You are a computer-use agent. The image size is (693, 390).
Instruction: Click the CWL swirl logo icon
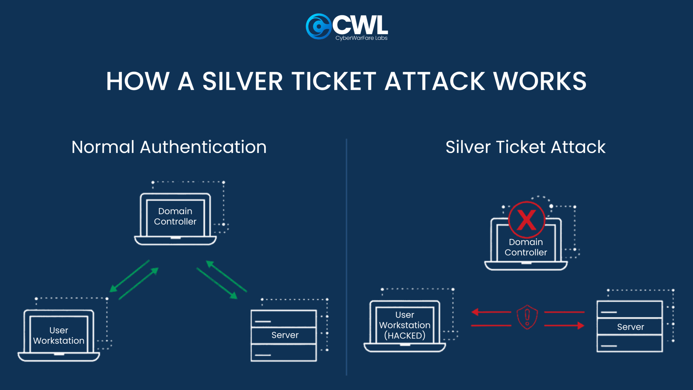click(x=318, y=26)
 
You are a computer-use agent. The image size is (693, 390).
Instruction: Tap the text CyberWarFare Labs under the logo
click(x=361, y=38)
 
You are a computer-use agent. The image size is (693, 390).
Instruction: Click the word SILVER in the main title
click(x=242, y=82)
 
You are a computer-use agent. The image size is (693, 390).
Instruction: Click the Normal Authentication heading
click(x=169, y=147)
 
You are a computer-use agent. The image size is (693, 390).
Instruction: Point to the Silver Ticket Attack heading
click(x=525, y=147)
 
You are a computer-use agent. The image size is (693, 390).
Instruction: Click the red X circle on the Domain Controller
click(x=527, y=220)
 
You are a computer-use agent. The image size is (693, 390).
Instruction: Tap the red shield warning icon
click(x=527, y=317)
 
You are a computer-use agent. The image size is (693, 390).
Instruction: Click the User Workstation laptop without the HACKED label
click(x=59, y=335)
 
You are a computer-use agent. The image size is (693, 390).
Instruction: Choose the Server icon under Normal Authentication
click(x=284, y=335)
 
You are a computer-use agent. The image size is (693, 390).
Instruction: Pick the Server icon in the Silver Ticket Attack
click(x=630, y=326)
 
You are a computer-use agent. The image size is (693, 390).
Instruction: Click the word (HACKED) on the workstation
click(x=405, y=336)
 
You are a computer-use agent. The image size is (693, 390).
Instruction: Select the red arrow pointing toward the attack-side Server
click(x=564, y=326)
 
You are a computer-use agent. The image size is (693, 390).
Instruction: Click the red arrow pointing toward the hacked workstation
click(x=491, y=312)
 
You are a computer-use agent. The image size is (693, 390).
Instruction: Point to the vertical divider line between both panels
click(x=346, y=257)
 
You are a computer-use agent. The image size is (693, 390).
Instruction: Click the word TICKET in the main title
click(x=334, y=82)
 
